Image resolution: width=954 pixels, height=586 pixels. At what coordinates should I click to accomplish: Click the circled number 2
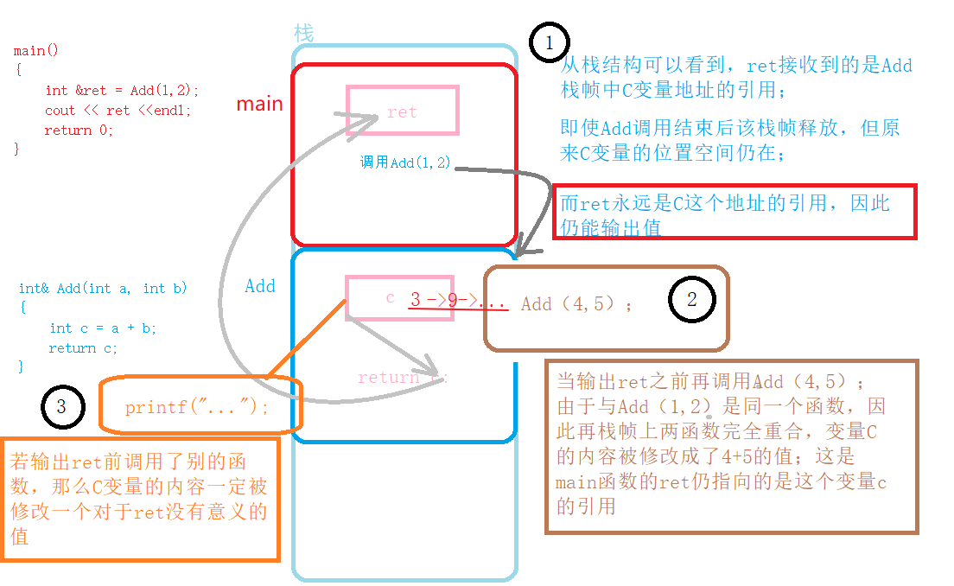point(690,299)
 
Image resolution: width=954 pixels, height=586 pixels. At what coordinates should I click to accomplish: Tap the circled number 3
point(60,405)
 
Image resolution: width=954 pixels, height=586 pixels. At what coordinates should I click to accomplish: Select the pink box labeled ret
point(402,110)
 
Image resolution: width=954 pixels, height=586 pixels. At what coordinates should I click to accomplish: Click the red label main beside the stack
point(259,104)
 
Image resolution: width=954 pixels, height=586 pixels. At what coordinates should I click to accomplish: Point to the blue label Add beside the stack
point(259,286)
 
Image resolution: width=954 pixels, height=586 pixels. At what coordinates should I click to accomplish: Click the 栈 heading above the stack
point(303,34)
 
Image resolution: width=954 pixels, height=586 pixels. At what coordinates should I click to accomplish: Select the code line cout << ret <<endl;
point(118,110)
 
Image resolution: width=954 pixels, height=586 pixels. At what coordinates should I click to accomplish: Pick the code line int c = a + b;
point(103,328)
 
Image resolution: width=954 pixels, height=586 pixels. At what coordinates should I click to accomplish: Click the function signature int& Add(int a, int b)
point(103,288)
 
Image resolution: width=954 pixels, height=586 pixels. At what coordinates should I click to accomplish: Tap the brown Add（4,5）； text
point(576,304)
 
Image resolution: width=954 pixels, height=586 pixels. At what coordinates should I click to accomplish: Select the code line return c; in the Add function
point(83,347)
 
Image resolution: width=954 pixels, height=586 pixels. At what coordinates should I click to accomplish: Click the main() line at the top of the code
point(36,50)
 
